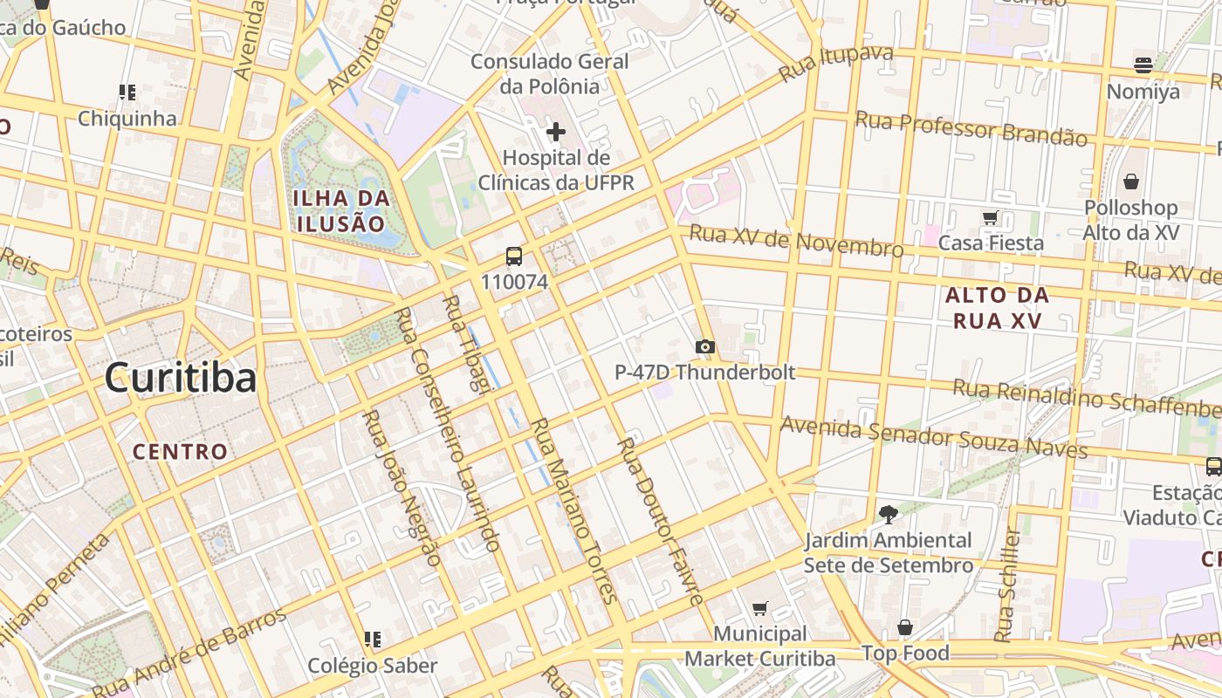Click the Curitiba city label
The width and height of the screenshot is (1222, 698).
(x=181, y=378)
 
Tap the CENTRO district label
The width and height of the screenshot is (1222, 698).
(x=180, y=451)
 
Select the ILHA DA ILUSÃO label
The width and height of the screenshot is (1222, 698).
(x=340, y=210)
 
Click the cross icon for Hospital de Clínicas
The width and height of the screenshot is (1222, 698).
(x=555, y=132)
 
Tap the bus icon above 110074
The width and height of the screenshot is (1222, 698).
(x=514, y=257)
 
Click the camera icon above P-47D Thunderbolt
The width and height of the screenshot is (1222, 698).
(x=705, y=346)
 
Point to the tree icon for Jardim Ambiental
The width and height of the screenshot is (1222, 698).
(x=889, y=515)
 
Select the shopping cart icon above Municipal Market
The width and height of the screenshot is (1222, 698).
(x=759, y=608)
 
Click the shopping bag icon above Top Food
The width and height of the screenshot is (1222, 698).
(x=905, y=627)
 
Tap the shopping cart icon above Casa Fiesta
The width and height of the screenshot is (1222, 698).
(x=990, y=217)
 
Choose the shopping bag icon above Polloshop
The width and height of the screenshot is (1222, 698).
(x=1131, y=181)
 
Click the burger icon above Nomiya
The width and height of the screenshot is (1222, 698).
(x=1143, y=65)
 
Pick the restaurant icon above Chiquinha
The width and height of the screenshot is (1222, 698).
(x=127, y=92)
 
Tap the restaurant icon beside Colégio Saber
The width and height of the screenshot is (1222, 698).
(x=373, y=640)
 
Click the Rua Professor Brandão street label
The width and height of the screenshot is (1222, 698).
(x=971, y=128)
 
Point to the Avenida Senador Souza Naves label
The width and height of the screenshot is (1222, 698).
(x=933, y=437)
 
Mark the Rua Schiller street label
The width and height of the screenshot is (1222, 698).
(x=1008, y=583)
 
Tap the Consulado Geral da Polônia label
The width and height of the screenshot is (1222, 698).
(x=550, y=74)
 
